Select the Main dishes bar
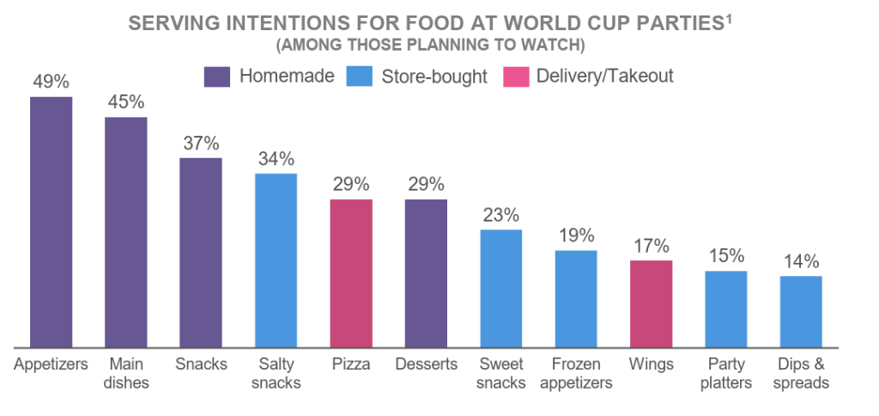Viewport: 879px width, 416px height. point(126,232)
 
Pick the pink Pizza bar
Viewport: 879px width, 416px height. point(351,273)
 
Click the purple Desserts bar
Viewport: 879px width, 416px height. point(426,273)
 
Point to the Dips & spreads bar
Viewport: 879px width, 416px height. point(801,311)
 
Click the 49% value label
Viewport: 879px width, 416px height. point(52,82)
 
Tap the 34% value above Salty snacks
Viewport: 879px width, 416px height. point(276,159)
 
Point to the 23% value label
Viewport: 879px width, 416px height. point(500,215)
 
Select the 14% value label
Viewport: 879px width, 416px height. point(801,261)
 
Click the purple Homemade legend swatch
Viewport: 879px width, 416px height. point(217,76)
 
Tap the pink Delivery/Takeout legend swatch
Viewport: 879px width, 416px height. point(517,76)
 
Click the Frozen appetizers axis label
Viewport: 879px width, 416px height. point(576,373)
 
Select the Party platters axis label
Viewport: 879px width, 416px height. point(726,373)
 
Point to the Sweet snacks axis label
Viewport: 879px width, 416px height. point(500,373)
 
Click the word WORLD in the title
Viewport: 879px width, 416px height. point(506,23)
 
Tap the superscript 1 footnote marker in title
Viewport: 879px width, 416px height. point(728,17)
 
